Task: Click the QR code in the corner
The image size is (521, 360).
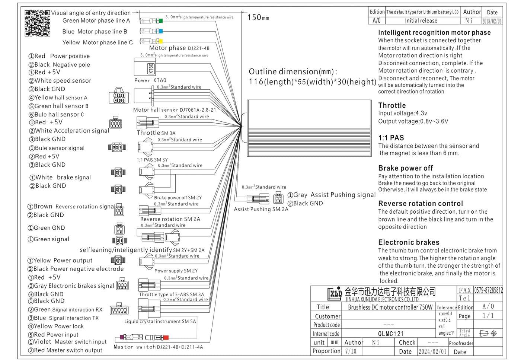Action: [37, 23]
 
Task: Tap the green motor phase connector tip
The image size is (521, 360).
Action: [160, 21]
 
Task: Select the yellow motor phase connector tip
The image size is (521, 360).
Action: [160, 41]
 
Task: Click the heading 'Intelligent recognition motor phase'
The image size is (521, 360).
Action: [434, 32]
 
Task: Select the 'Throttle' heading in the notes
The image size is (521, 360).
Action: [392, 105]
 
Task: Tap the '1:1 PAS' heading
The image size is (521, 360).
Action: [391, 138]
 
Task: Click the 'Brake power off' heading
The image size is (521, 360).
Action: [405, 168]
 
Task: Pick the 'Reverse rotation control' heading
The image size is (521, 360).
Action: [421, 204]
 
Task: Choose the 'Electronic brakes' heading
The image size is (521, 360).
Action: [409, 242]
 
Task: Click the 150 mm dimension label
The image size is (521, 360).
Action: [258, 17]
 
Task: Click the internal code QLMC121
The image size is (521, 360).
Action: [391, 334]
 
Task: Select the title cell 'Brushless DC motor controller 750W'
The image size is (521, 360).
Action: [390, 307]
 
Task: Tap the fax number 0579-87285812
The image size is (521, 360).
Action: [488, 290]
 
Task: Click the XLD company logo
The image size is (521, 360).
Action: [335, 294]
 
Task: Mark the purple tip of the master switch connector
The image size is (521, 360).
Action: [122, 337]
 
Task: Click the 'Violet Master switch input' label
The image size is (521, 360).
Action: [67, 342]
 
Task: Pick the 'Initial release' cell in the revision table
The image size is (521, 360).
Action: [421, 21]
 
